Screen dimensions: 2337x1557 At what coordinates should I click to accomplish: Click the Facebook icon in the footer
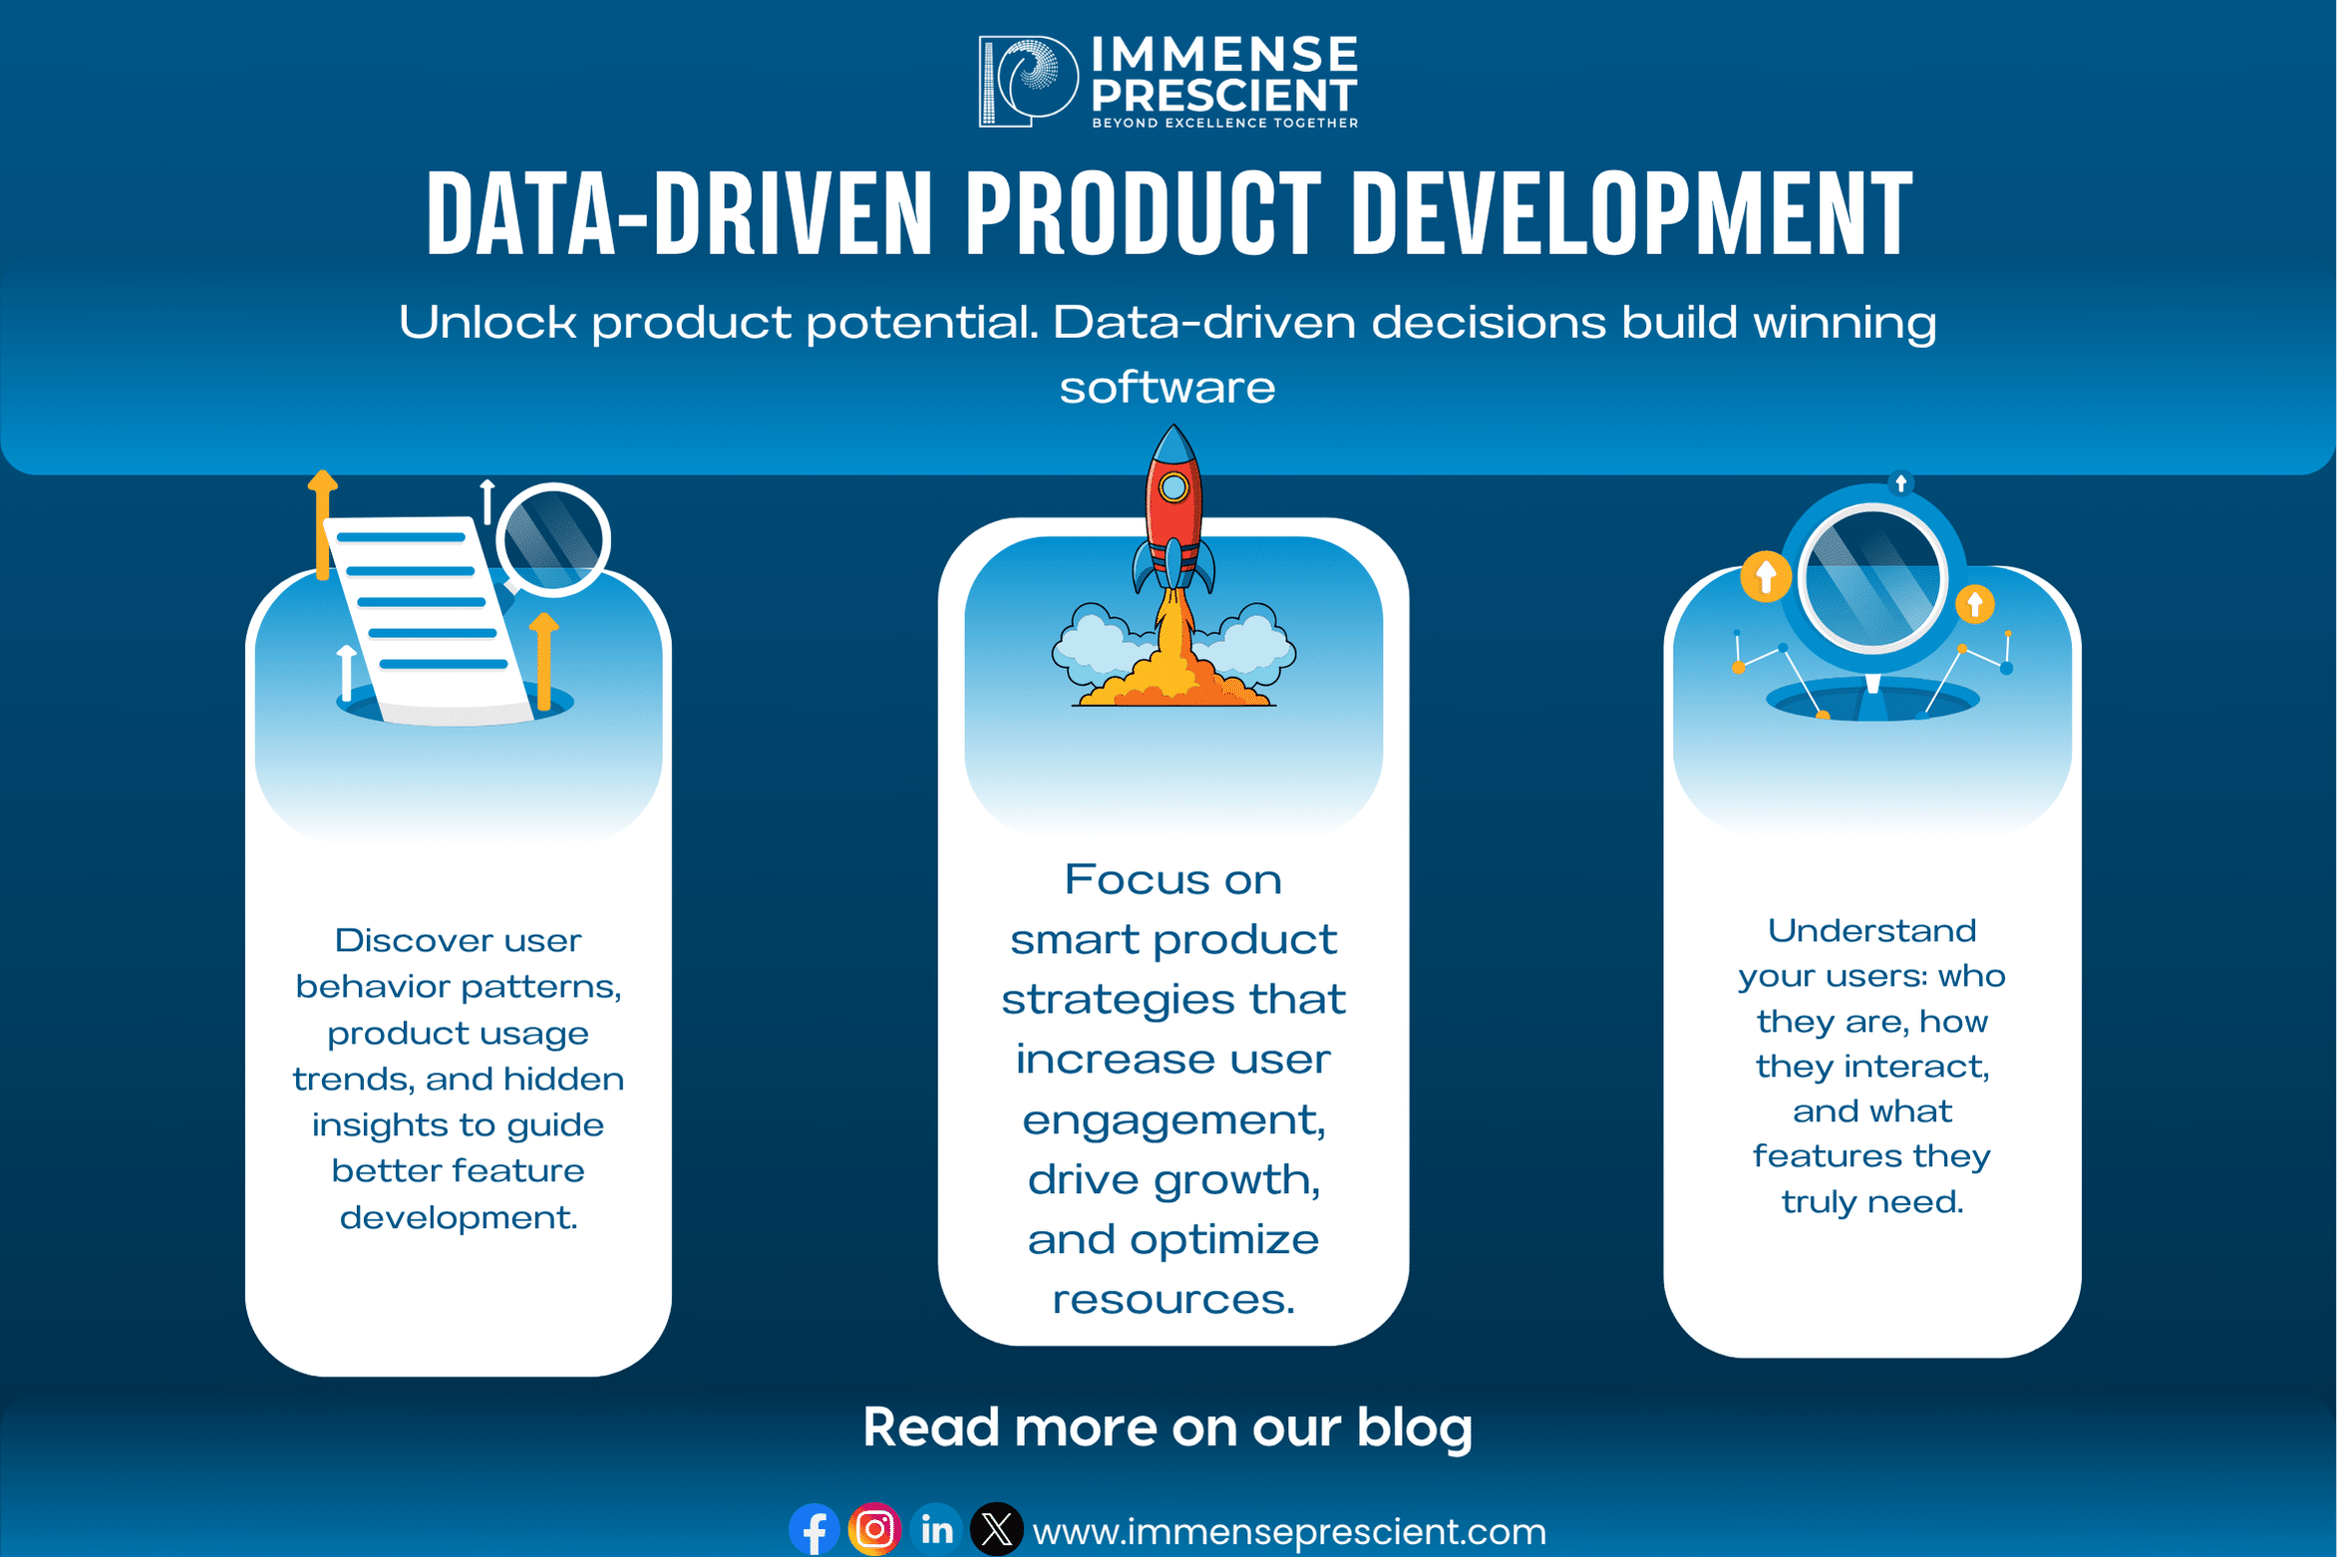pyautogui.click(x=814, y=1529)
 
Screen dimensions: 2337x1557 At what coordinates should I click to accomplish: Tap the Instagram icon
pyautogui.click(x=874, y=1528)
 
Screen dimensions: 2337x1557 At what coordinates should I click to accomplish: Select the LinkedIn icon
pyautogui.click(x=936, y=1528)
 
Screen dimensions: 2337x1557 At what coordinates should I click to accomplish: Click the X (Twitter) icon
pyautogui.click(x=997, y=1528)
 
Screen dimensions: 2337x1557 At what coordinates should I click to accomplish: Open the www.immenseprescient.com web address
pyautogui.click(x=1289, y=1532)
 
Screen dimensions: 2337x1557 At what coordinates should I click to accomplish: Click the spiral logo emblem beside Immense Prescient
pyautogui.click(x=1028, y=82)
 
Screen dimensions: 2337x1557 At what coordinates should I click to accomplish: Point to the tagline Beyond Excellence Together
pyautogui.click(x=1224, y=123)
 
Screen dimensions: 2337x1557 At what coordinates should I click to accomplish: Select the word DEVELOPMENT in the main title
pyautogui.click(x=1632, y=213)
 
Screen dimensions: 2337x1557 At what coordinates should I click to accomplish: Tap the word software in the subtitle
pyautogui.click(x=1168, y=388)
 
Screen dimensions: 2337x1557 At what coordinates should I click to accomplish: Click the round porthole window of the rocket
pyautogui.click(x=1173, y=487)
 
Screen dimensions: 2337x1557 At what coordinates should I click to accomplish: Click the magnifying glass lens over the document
pyautogui.click(x=553, y=539)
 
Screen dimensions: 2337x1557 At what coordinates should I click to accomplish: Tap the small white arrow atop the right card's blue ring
pyautogui.click(x=1901, y=483)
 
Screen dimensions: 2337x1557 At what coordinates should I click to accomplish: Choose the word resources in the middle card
pyautogui.click(x=1173, y=1300)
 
